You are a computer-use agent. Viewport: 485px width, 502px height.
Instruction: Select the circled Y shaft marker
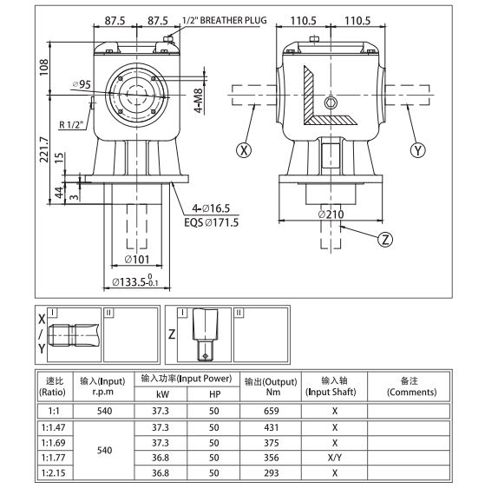tap(419, 149)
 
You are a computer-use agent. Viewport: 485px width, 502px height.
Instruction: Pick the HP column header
tap(214, 393)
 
